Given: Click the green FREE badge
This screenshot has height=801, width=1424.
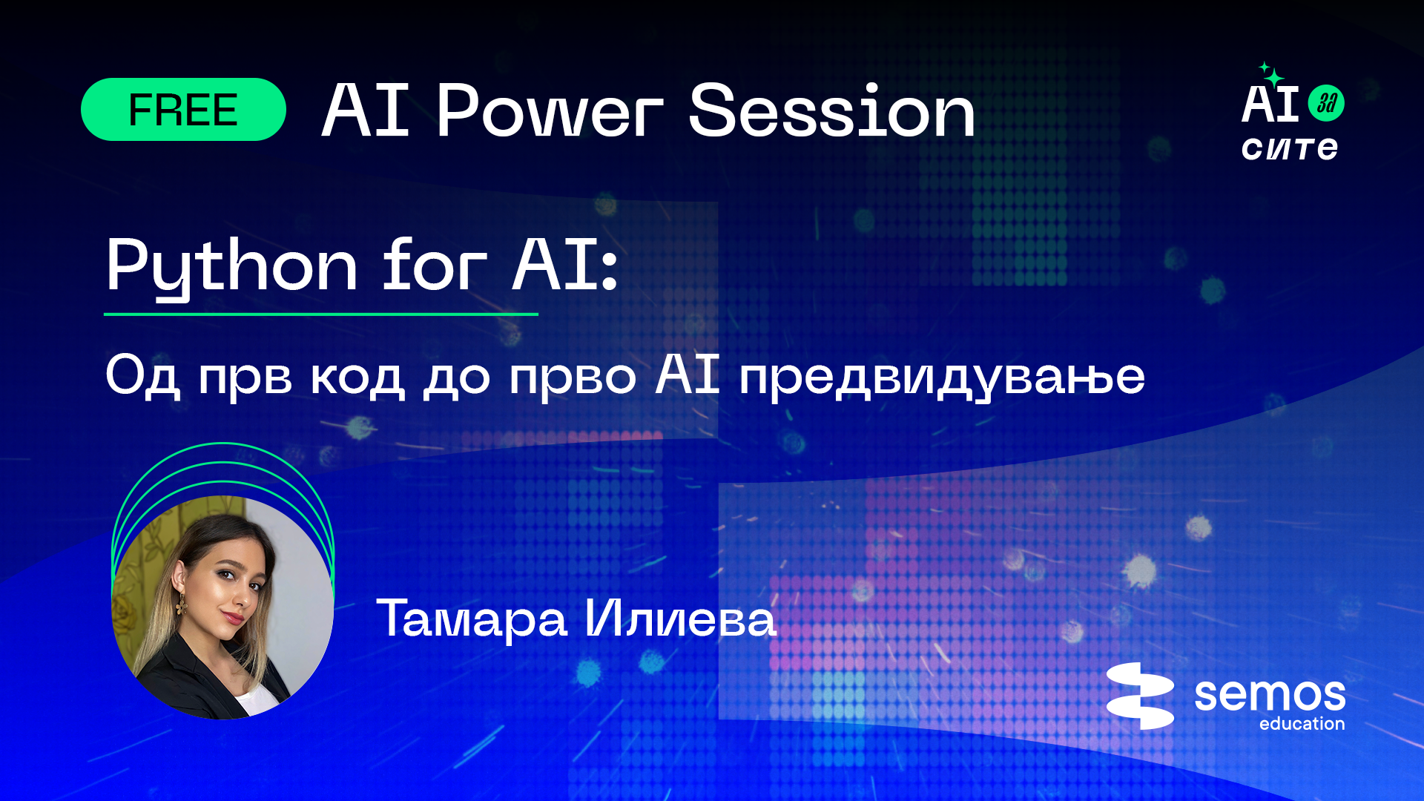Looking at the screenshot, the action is [183, 110].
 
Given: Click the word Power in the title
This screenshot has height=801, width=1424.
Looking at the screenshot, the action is [549, 111].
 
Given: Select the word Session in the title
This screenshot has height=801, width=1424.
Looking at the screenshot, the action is [831, 111].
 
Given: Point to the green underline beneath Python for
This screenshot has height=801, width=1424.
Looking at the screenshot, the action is [320, 314].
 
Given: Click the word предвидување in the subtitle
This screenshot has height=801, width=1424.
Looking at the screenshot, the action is [942, 377].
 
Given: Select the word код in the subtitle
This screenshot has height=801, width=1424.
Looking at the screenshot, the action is [357, 377].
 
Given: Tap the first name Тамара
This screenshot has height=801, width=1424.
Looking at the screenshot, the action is [472, 618].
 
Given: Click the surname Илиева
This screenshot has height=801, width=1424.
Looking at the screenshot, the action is [680, 618].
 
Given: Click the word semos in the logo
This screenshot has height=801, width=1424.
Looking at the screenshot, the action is [1270, 694].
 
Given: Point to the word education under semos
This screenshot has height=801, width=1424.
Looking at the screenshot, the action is [1302, 723].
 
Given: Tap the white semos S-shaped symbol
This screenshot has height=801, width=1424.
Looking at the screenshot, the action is [1140, 696].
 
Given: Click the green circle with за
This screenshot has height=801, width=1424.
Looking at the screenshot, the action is [1326, 103].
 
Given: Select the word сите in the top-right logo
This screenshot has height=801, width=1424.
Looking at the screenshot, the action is [1290, 148].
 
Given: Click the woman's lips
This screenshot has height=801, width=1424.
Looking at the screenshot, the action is [234, 616].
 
